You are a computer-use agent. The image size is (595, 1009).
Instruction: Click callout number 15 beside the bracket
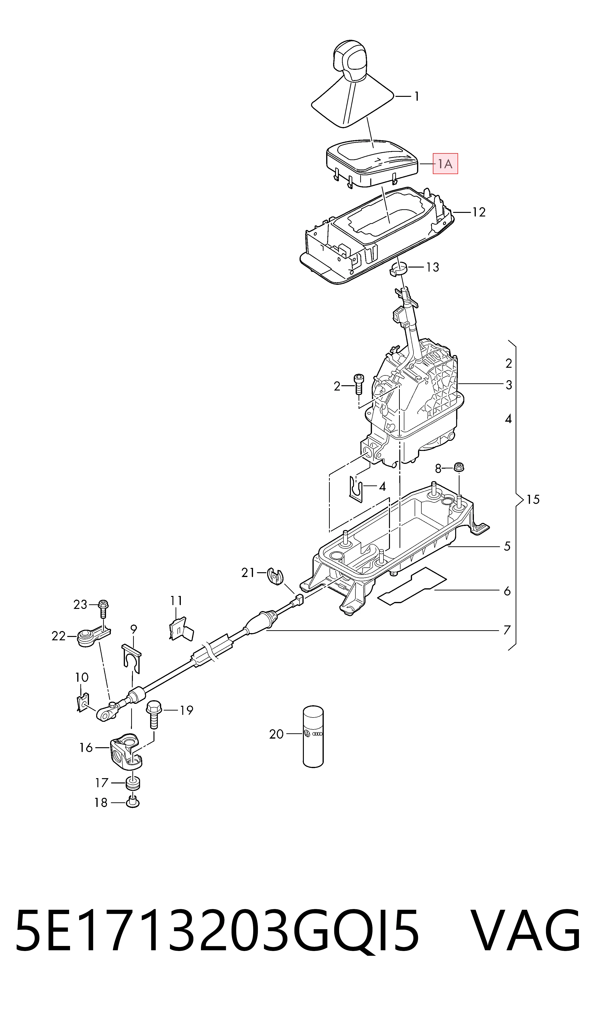(x=533, y=499)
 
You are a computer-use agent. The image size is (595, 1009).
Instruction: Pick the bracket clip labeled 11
(x=180, y=629)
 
